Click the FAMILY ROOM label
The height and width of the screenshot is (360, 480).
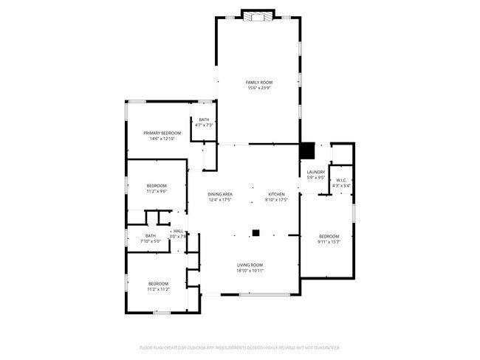pyautogui.click(x=259, y=83)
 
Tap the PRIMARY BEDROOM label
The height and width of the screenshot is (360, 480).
pyautogui.click(x=162, y=133)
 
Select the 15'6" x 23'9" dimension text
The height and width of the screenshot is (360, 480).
pyautogui.click(x=259, y=89)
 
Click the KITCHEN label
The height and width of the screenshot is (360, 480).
pyautogui.click(x=276, y=194)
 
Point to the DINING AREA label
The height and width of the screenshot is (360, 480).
pyautogui.click(x=220, y=194)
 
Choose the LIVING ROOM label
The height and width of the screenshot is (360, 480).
pyautogui.click(x=250, y=265)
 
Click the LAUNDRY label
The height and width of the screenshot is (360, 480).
pyautogui.click(x=316, y=173)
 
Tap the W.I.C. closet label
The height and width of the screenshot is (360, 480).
pyautogui.click(x=342, y=181)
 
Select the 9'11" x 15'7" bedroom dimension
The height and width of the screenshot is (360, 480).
pyautogui.click(x=329, y=242)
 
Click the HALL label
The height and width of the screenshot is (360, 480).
pyautogui.click(x=178, y=231)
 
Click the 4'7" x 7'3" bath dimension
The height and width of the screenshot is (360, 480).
pyautogui.click(x=204, y=125)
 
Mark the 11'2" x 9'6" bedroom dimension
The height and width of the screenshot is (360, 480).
pyautogui.click(x=157, y=191)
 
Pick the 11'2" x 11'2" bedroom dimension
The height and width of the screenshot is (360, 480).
pyautogui.click(x=159, y=289)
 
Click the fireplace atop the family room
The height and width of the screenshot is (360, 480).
pyautogui.click(x=258, y=14)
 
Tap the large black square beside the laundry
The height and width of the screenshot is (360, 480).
pyautogui.click(x=307, y=150)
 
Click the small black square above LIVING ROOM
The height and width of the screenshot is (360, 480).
pyautogui.click(x=256, y=233)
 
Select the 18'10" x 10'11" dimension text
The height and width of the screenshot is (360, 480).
pyautogui.click(x=250, y=271)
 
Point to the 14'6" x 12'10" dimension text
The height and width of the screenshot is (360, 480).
pyautogui.click(x=162, y=139)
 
